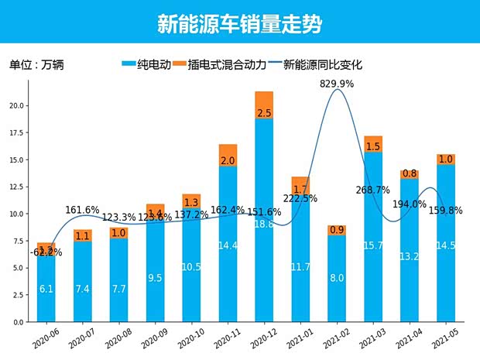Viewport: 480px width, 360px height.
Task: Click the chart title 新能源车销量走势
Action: pos(239,24)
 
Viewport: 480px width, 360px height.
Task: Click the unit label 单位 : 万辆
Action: pos(36,65)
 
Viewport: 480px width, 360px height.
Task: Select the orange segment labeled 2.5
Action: pos(264,105)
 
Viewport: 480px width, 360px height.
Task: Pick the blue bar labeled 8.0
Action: pos(337,279)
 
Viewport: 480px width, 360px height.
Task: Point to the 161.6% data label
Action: pos(83,209)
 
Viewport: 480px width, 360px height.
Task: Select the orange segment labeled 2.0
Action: pos(228,160)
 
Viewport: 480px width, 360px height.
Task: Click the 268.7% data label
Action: pos(373,190)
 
